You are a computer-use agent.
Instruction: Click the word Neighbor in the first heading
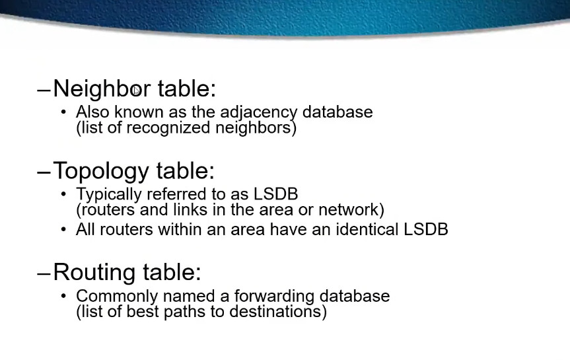coord(102,89)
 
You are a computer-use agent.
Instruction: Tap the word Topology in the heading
coord(101,171)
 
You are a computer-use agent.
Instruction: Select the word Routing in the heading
coord(95,273)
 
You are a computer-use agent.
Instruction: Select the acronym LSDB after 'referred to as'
coord(275,194)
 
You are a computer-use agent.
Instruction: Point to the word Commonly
coord(117,297)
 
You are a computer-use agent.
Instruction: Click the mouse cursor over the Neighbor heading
coord(136,90)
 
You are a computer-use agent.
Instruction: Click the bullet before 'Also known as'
coord(63,112)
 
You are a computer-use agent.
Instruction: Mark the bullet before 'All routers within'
coord(63,230)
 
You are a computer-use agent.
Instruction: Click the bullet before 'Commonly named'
coord(63,296)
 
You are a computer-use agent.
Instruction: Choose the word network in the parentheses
coord(348,210)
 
